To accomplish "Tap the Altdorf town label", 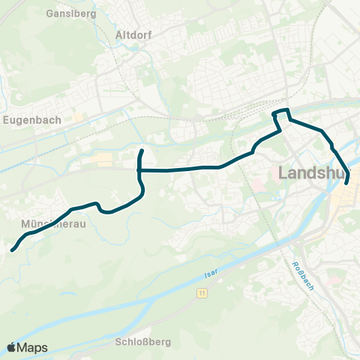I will (135, 34).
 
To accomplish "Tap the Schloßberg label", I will (144, 341).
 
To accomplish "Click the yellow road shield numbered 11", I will (202, 294).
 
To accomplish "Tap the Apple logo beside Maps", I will (12, 347).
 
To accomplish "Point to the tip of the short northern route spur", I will (142, 151).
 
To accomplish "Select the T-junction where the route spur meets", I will (139, 170).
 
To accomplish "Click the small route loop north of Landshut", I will (280, 114).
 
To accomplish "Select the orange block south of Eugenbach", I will (103, 159).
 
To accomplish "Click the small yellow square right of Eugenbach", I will (78, 118).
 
